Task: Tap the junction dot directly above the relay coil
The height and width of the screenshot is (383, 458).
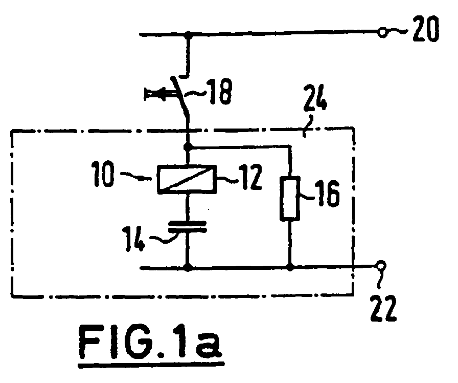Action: pyautogui.click(x=189, y=147)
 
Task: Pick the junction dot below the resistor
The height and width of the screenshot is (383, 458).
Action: pyautogui.click(x=290, y=267)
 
